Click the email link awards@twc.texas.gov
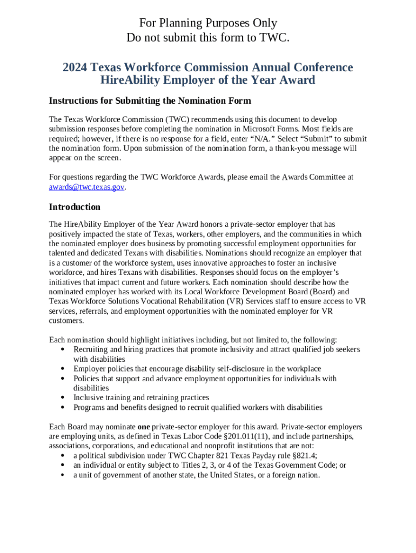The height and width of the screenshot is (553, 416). pos(86,187)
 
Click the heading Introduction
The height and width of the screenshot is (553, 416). pos(75,207)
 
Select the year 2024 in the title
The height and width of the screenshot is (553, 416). pos(75,68)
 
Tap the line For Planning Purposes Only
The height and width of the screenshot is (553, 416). pos(208,23)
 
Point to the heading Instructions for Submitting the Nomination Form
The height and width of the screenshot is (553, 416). pos(150,101)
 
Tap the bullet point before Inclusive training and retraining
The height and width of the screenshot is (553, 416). pos(63,398)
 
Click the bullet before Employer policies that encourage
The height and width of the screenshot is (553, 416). pos(63,369)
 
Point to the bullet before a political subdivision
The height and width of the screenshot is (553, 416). pos(63,456)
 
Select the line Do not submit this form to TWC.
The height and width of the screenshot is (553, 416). pos(208,37)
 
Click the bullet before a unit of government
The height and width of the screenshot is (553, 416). pos(63,475)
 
